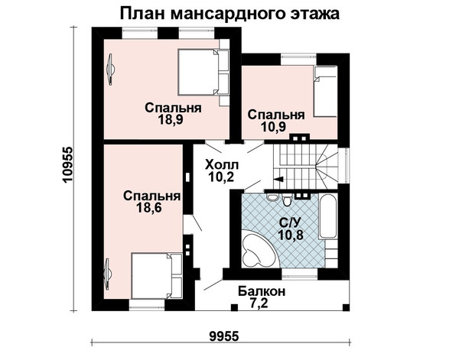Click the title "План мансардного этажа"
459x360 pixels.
[x=229, y=14]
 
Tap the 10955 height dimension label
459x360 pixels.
[x=67, y=164]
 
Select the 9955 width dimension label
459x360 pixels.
[x=224, y=336]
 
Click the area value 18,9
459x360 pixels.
[x=171, y=119]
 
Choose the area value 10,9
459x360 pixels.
[x=273, y=127]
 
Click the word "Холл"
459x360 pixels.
[x=222, y=165]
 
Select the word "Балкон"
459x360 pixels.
[x=262, y=291]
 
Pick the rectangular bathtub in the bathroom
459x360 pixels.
[x=328, y=216]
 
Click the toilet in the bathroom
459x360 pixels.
[x=287, y=200]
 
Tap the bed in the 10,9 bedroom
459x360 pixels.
[x=325, y=92]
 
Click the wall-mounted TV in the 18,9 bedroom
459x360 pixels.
[x=112, y=70]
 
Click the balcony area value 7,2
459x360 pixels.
[x=259, y=303]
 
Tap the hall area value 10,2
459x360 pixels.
[x=221, y=177]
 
